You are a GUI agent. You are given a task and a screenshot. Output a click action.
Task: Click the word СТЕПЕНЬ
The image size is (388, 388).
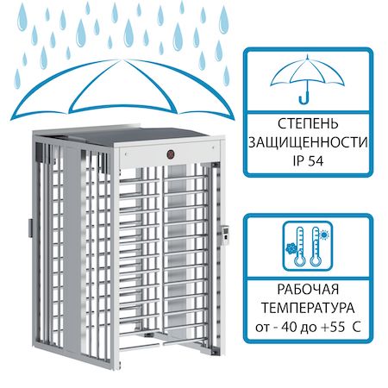click(x=308, y=124)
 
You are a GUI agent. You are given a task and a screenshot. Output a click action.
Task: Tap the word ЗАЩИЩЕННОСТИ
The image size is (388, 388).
click(x=308, y=142)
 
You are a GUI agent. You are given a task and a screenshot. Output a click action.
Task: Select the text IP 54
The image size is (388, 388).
click(x=308, y=161)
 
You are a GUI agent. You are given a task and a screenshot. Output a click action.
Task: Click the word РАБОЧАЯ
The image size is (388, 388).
click(x=308, y=290)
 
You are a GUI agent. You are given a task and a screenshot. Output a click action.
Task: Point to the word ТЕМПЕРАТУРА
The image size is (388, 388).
click(x=308, y=308)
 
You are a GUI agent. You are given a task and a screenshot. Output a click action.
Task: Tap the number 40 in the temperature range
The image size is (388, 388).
click(x=290, y=327)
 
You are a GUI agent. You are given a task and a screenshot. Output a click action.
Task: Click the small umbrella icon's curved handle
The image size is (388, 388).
click(x=304, y=97)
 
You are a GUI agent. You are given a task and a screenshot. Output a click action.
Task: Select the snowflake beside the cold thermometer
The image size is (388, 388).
click(x=291, y=248)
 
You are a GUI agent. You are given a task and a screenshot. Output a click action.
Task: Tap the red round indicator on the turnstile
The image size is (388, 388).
click(x=172, y=154)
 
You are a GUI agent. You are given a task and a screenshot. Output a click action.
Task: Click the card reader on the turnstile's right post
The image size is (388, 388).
click(x=226, y=235)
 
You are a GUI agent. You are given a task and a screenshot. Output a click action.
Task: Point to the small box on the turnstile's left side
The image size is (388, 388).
click(x=30, y=228)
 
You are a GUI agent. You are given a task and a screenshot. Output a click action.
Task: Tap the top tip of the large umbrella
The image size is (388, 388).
click(x=118, y=59)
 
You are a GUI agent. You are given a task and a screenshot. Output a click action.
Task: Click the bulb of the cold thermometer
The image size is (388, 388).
click(x=299, y=261)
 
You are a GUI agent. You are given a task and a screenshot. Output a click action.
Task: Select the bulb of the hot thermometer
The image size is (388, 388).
click(x=316, y=261)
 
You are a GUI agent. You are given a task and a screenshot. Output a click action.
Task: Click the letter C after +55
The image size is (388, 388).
click(x=357, y=327)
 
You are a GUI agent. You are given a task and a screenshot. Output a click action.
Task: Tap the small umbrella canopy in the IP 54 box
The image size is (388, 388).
click(x=307, y=71)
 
